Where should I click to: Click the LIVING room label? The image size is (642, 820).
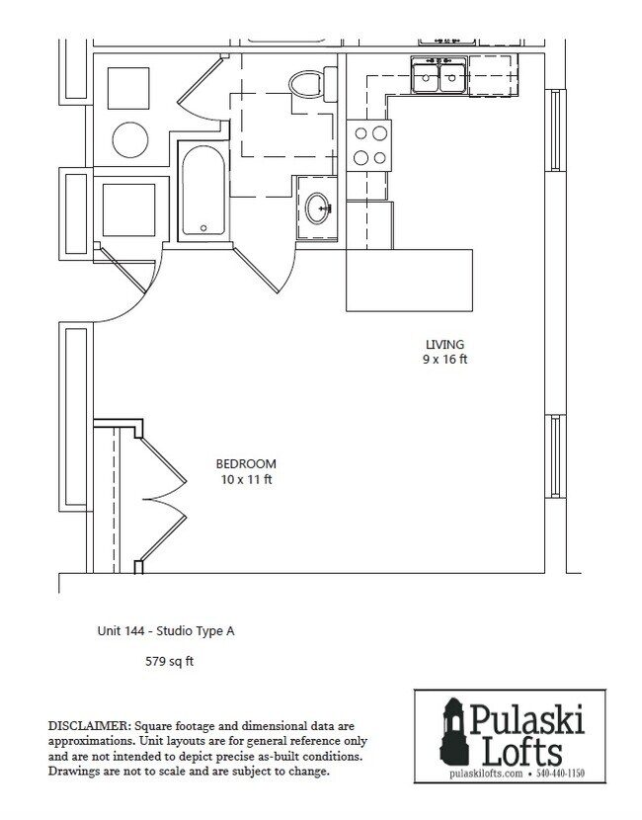[x=444, y=344]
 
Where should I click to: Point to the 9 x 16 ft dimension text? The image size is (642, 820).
[x=444, y=360]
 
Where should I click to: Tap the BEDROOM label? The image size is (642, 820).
[x=246, y=463]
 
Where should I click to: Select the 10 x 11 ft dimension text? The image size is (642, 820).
[x=246, y=479]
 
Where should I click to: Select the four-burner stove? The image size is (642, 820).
[x=370, y=145]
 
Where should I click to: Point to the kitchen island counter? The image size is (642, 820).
[x=409, y=279]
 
